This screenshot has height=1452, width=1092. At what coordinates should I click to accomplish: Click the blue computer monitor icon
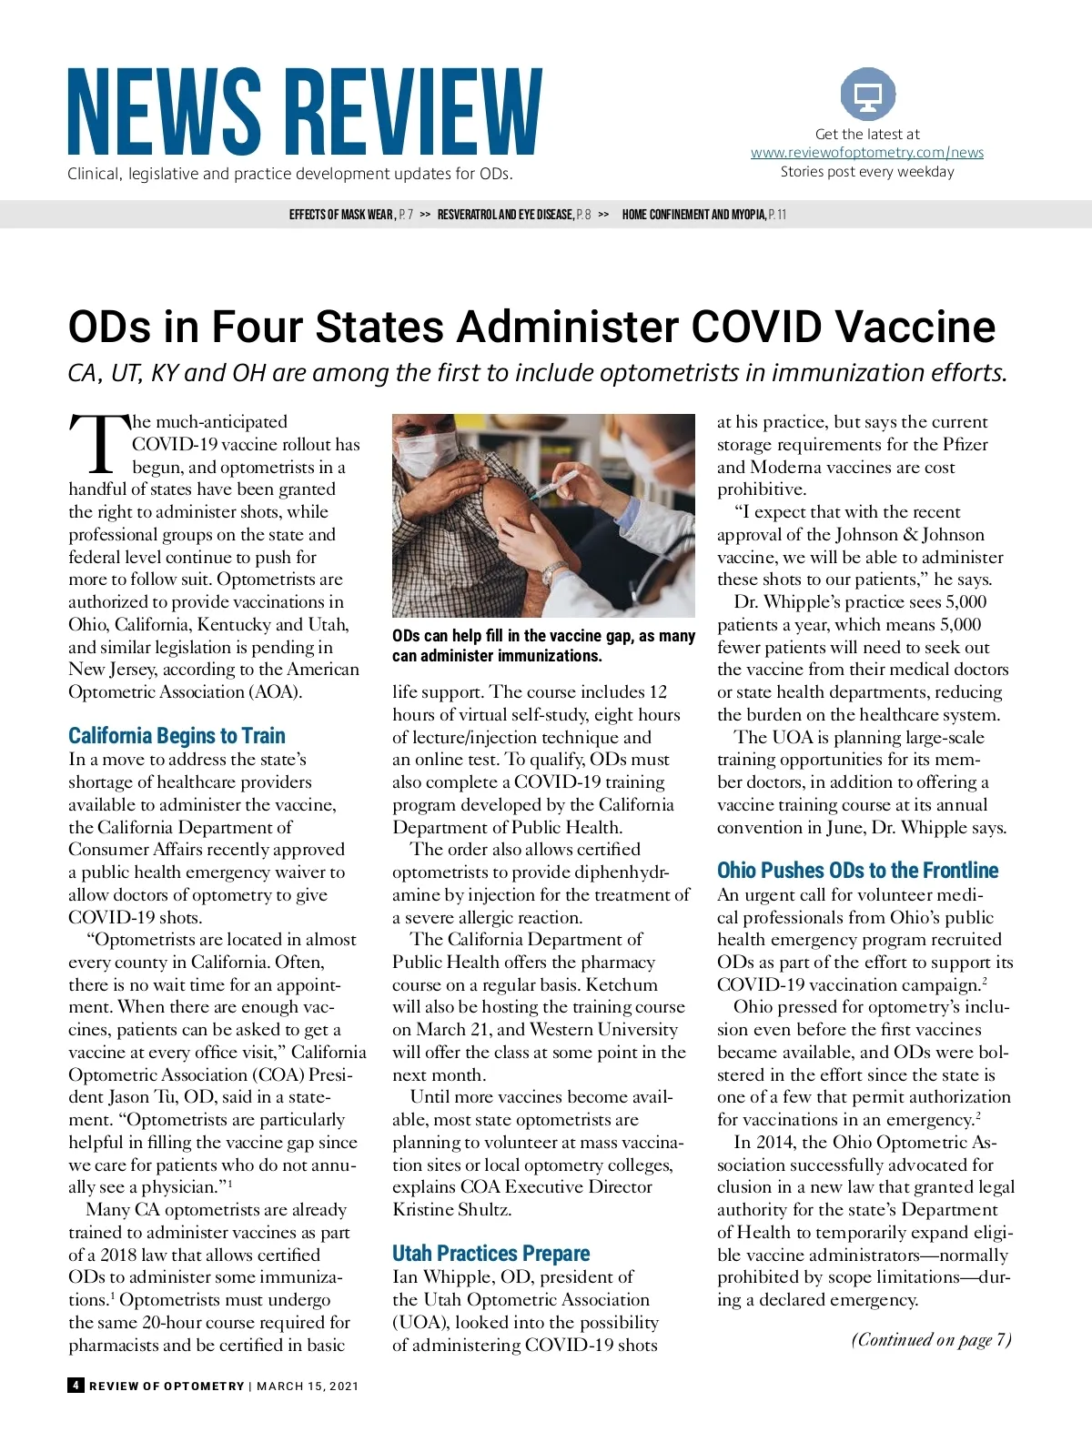tap(867, 95)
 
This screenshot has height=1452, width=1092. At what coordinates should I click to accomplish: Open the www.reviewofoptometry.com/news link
tap(866, 153)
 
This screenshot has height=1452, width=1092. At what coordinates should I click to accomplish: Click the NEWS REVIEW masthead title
tap(305, 111)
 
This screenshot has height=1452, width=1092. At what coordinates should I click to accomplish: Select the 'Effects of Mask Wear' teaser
tap(350, 215)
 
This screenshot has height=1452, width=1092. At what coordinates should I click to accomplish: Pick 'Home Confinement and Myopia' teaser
tap(703, 215)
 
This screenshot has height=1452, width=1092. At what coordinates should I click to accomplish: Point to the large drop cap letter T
tap(98, 445)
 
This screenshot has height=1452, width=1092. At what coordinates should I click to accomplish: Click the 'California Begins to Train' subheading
tap(177, 735)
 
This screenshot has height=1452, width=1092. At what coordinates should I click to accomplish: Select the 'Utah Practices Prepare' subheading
tap(490, 1254)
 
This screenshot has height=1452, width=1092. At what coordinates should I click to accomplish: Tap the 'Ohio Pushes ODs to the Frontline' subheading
tap(857, 871)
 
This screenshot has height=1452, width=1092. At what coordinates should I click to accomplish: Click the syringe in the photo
tap(556, 481)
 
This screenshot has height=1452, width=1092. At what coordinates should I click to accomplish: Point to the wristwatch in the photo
tap(554, 573)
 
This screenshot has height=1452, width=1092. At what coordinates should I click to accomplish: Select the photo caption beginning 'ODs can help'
tap(543, 646)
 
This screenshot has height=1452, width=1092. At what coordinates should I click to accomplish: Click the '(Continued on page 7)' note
tap(931, 1339)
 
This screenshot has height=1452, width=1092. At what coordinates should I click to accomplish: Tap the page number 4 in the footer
tap(76, 1386)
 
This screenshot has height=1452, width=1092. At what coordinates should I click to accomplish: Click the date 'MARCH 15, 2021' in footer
tap(308, 1386)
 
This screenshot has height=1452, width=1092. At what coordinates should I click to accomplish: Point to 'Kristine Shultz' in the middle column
tap(451, 1210)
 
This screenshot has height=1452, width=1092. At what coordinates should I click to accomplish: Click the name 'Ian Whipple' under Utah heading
tap(433, 1277)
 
